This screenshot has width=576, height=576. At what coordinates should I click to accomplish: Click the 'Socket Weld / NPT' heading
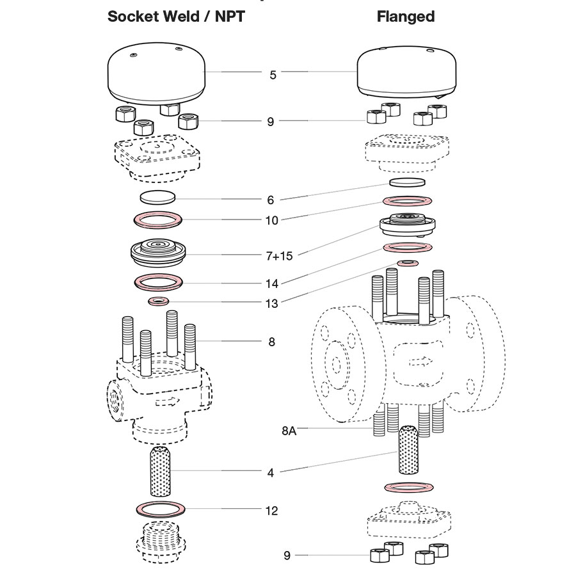[175, 17]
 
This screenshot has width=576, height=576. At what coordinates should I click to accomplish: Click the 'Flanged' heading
[405, 17]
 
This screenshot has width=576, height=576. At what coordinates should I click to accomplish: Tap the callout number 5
[273, 75]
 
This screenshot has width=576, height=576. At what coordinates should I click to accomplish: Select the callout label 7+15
[278, 255]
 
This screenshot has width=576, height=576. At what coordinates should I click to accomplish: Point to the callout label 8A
[289, 431]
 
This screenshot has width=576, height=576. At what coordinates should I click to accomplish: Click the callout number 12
[271, 511]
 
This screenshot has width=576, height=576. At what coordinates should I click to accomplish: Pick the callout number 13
[271, 304]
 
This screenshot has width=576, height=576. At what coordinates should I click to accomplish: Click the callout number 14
[271, 283]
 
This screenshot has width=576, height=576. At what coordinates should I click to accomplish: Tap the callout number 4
[271, 473]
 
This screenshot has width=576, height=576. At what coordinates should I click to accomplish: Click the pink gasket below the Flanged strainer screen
[406, 488]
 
